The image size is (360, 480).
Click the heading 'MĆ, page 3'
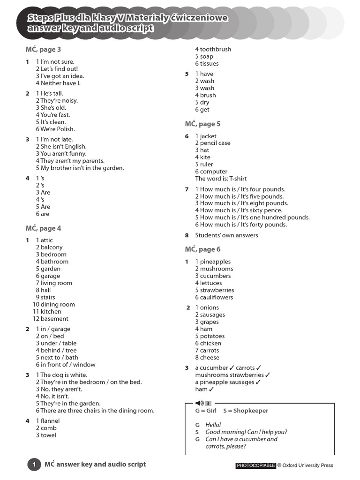point(43,49)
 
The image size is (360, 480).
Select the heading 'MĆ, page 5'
point(202,124)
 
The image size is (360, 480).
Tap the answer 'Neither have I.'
point(60,83)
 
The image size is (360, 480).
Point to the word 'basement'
point(54,319)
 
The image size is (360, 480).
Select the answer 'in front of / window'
point(68,365)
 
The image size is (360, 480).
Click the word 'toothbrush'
point(216,49)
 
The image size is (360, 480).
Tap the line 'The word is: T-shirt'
point(221,179)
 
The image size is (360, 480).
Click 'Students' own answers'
point(226,235)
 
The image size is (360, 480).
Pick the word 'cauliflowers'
point(217,297)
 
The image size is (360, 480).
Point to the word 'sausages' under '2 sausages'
point(212,315)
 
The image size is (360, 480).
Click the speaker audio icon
point(199,403)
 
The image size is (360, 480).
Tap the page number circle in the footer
point(34,465)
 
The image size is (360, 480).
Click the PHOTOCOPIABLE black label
point(255,465)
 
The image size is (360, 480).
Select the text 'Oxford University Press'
point(308,465)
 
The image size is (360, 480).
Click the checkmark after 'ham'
point(211,389)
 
